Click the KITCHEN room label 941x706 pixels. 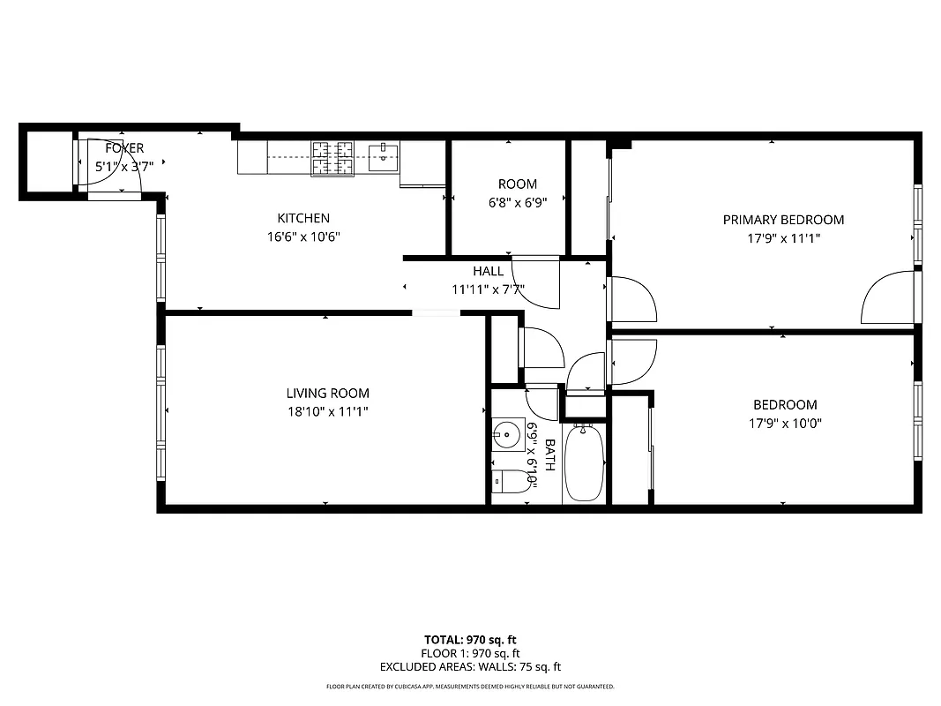point(303,218)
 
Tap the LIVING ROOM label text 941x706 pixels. point(327,394)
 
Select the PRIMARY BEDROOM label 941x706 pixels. point(783,220)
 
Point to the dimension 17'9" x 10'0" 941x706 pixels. point(784,423)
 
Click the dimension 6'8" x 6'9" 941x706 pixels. point(517,201)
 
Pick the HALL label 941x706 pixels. point(488,271)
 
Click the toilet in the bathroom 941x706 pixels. point(509,482)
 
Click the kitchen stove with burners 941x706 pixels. point(332,158)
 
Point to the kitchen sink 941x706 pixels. point(384,156)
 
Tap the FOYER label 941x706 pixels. point(123,148)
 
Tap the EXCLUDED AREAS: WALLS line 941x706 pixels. point(470,667)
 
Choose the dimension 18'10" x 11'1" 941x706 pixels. point(327,411)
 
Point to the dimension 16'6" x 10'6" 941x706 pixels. point(303,237)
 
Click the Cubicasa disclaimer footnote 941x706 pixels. point(470,687)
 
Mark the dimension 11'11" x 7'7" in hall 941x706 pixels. point(488,289)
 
